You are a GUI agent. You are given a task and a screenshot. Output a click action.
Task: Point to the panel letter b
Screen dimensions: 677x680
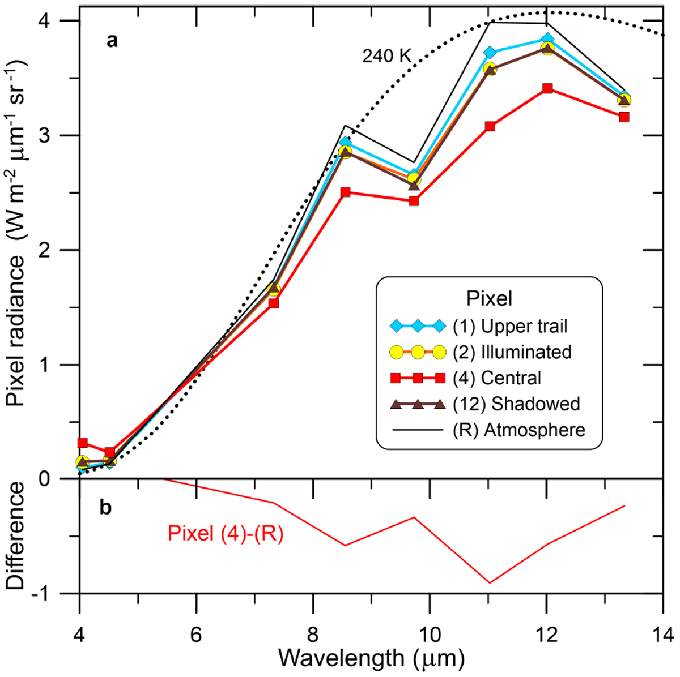(x=105, y=508)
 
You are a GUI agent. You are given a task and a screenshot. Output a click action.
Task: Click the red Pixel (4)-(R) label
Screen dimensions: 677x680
(x=225, y=533)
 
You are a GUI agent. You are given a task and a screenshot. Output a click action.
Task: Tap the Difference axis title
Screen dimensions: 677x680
(x=17, y=535)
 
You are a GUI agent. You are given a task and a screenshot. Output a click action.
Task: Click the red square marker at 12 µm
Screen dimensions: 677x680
(x=547, y=88)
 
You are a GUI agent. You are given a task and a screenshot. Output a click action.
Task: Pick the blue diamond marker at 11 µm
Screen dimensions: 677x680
(x=490, y=53)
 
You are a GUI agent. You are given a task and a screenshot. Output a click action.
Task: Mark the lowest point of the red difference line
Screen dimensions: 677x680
(x=490, y=582)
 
